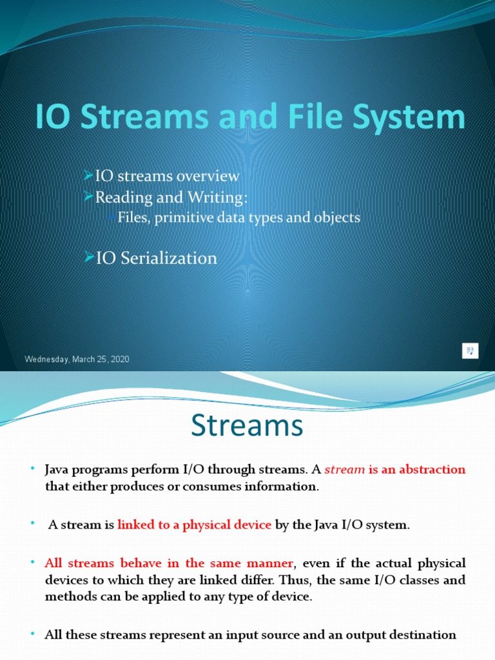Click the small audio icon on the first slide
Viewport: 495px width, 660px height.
coord(471,351)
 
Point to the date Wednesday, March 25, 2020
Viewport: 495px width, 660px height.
coord(77,359)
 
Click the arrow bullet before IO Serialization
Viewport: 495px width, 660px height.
coord(90,258)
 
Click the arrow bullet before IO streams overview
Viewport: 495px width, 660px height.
coord(90,175)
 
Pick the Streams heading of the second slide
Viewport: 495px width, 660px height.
coord(247,426)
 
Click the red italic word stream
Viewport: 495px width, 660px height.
coord(345,469)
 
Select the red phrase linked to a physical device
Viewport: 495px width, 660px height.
coord(194,525)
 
